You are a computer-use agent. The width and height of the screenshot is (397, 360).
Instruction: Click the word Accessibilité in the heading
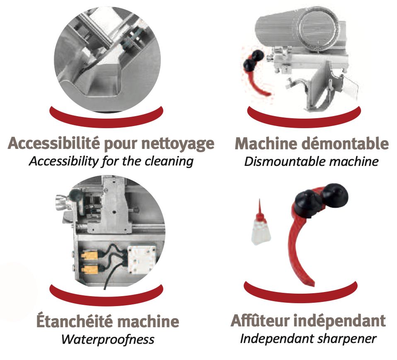tap(54, 143)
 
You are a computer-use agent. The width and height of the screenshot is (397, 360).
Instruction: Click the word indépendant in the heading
tap(340, 321)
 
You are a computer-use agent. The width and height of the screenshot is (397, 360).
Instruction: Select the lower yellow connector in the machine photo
tap(90, 270)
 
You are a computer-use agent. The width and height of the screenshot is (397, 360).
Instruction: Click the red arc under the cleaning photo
tap(107, 119)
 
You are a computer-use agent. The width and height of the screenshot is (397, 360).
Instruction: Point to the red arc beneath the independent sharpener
tap(301, 294)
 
